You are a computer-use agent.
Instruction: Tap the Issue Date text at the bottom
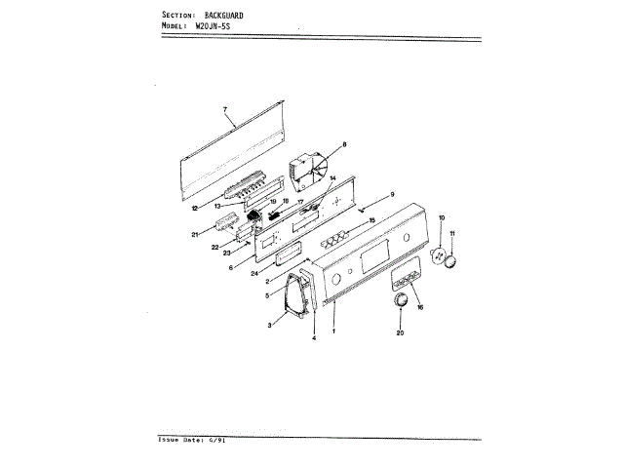[189, 440]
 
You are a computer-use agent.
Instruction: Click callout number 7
[224, 108]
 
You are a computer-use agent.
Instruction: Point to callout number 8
[344, 145]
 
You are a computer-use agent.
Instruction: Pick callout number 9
[392, 194]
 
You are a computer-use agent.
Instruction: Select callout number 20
[400, 333]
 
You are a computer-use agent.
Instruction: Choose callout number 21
[195, 234]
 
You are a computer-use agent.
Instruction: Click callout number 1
[334, 331]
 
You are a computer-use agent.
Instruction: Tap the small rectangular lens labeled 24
[284, 258]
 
